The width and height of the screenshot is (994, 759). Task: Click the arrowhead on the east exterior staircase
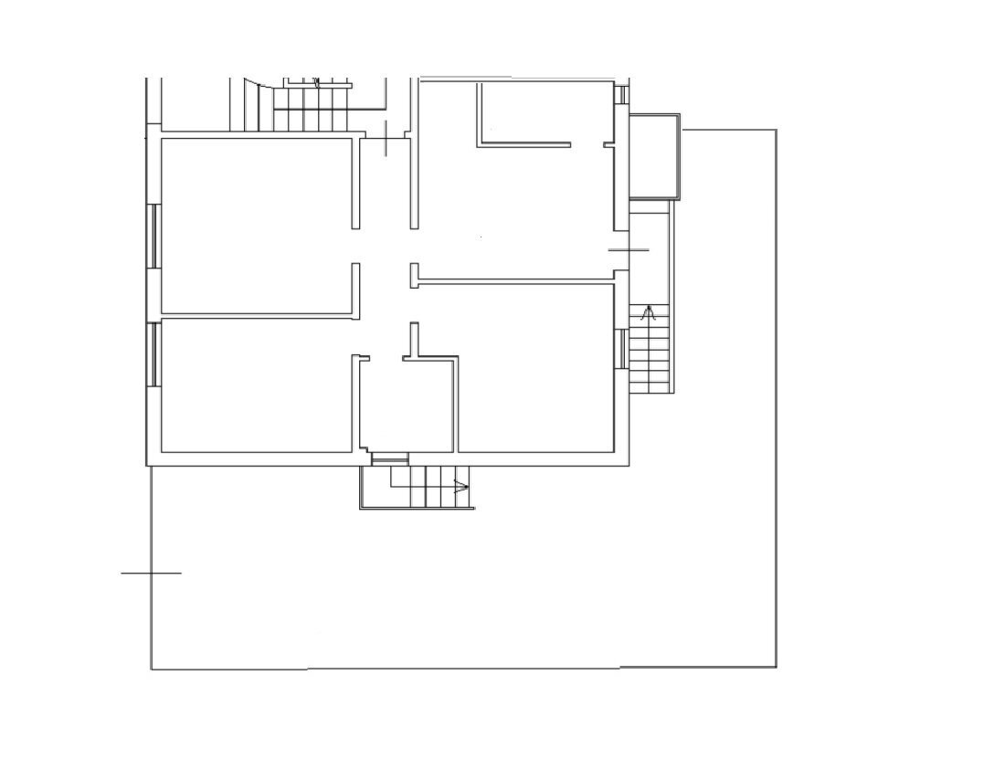coord(650,314)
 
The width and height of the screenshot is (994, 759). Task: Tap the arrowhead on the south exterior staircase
coord(460,487)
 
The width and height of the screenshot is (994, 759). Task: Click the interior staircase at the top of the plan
coord(311,106)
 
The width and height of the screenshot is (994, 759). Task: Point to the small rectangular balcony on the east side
coord(655,156)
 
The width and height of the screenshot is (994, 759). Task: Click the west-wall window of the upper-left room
coord(153,236)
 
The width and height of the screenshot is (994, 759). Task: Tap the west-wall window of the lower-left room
coord(153,353)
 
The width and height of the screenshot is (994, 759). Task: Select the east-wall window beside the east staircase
coord(624,349)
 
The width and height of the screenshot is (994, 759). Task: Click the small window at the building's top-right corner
coord(622,94)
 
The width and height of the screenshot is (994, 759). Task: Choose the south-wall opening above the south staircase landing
coord(390,459)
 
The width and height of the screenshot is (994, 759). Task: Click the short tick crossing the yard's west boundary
coord(151,573)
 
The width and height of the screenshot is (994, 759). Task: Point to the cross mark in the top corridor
coord(387,138)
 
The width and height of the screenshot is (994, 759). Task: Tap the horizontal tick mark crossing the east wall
coord(629,249)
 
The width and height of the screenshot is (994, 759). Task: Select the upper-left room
coord(256,225)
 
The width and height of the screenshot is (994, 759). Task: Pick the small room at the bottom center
coord(407,406)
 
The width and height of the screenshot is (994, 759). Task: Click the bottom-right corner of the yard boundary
coord(776,667)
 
